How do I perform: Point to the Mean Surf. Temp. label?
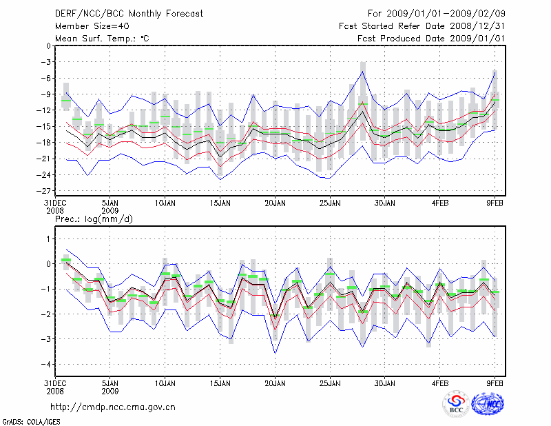102,39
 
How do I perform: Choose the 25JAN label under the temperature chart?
330,204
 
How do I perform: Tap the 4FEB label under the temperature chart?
441,204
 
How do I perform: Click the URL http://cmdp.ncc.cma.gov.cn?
113,407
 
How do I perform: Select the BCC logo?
456,404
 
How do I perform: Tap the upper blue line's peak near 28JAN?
363,71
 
